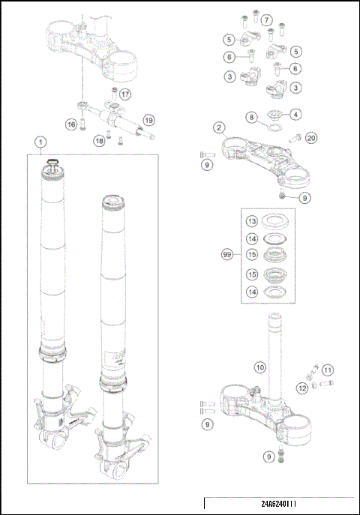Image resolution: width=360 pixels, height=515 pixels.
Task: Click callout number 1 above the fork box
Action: (x=40, y=141)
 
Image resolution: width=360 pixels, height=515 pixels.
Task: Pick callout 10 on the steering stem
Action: (x=259, y=367)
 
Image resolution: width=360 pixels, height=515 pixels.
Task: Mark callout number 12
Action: (x=301, y=388)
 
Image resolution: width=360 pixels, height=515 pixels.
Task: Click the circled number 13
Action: (x=253, y=221)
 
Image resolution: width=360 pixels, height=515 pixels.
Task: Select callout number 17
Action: (x=124, y=94)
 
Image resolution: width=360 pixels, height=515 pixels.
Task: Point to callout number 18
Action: (x=98, y=140)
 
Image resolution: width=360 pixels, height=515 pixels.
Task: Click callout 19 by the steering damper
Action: (x=148, y=119)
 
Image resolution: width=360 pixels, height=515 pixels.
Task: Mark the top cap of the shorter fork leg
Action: (x=115, y=200)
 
